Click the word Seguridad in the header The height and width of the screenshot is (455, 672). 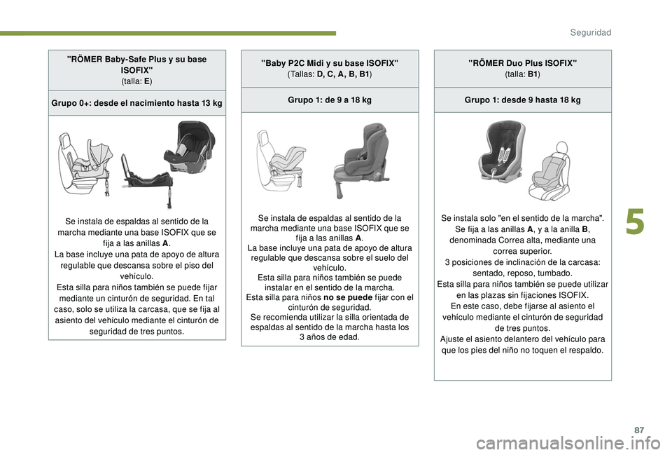pyautogui.click(x=590, y=32)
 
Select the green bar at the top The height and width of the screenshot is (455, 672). pyautogui.click(x=168, y=33)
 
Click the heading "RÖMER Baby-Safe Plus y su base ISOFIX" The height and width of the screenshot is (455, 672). pyautogui.click(x=137, y=65)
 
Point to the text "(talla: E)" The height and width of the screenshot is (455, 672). pyautogui.click(x=137, y=81)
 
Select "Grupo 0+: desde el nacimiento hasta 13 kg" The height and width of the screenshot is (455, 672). pyautogui.click(x=137, y=103)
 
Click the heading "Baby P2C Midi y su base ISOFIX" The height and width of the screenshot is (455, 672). pyautogui.click(x=330, y=63)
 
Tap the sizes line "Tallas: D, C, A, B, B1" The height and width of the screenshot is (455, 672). pyautogui.click(x=330, y=74)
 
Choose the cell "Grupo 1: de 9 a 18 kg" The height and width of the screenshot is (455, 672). pyautogui.click(x=330, y=100)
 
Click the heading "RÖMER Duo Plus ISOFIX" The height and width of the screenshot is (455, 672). pyautogui.click(x=522, y=63)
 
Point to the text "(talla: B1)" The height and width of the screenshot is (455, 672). pyautogui.click(x=522, y=74)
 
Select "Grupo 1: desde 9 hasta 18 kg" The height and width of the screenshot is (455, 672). pyautogui.click(x=522, y=100)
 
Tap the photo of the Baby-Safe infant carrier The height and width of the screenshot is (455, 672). pyautogui.click(x=184, y=145)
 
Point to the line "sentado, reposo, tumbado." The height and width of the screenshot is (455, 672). pyautogui.click(x=522, y=273)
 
